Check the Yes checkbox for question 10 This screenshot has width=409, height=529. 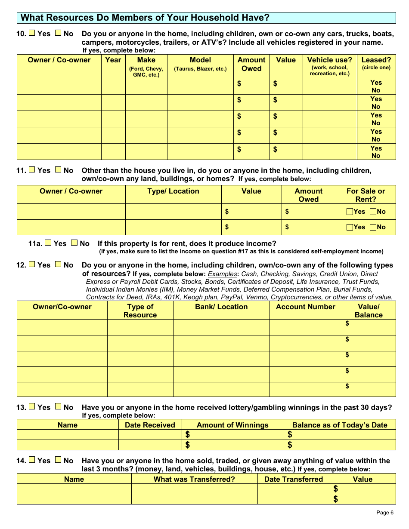pyautogui.click(x=32, y=33)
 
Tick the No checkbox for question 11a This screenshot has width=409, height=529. pyautogui.click(x=74, y=243)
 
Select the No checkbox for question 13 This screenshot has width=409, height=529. pyautogui.click(x=58, y=407)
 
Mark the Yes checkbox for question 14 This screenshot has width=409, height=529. pyautogui.click(x=32, y=460)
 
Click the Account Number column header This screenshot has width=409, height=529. pyautogui.click(x=305, y=307)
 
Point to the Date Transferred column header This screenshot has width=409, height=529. pyautogui.click(x=293, y=479)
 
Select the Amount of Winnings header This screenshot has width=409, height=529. pyautogui.click(x=232, y=425)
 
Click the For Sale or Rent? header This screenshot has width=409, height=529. pyautogui.click(x=366, y=195)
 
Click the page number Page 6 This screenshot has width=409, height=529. pyautogui.click(x=384, y=512)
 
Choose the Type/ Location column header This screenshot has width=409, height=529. pyautogui.click(x=173, y=191)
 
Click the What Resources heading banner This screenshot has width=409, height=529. pyautogui.click(x=206, y=18)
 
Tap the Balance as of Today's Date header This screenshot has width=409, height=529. pyautogui.click(x=339, y=425)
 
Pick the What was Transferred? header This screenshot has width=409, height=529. pyautogui.click(x=194, y=479)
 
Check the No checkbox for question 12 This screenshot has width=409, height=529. pyautogui.click(x=58, y=265)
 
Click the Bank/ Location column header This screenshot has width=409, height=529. pyautogui.click(x=221, y=307)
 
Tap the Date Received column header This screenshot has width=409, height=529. pyautogui.click(x=150, y=425)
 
